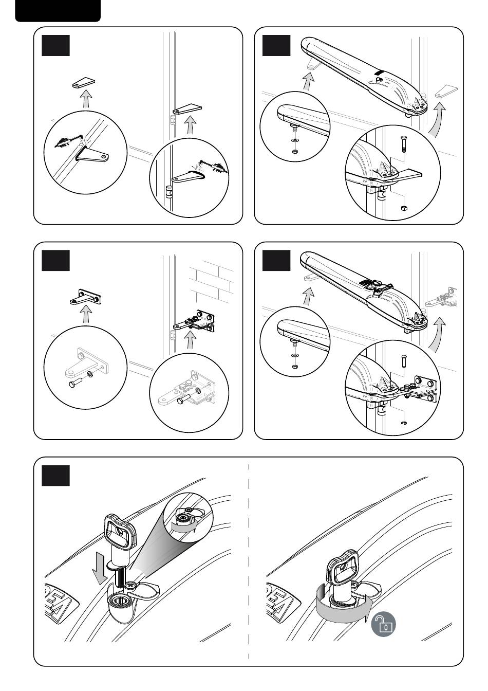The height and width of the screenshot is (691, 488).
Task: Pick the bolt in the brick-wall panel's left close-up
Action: pyautogui.click(x=74, y=383)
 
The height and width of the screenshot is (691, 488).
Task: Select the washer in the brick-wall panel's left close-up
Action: pyautogui.click(x=90, y=374)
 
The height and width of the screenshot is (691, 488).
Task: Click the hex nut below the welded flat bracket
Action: pyautogui.click(x=404, y=208)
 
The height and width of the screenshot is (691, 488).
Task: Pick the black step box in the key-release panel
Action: pyautogui.click(x=55, y=476)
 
